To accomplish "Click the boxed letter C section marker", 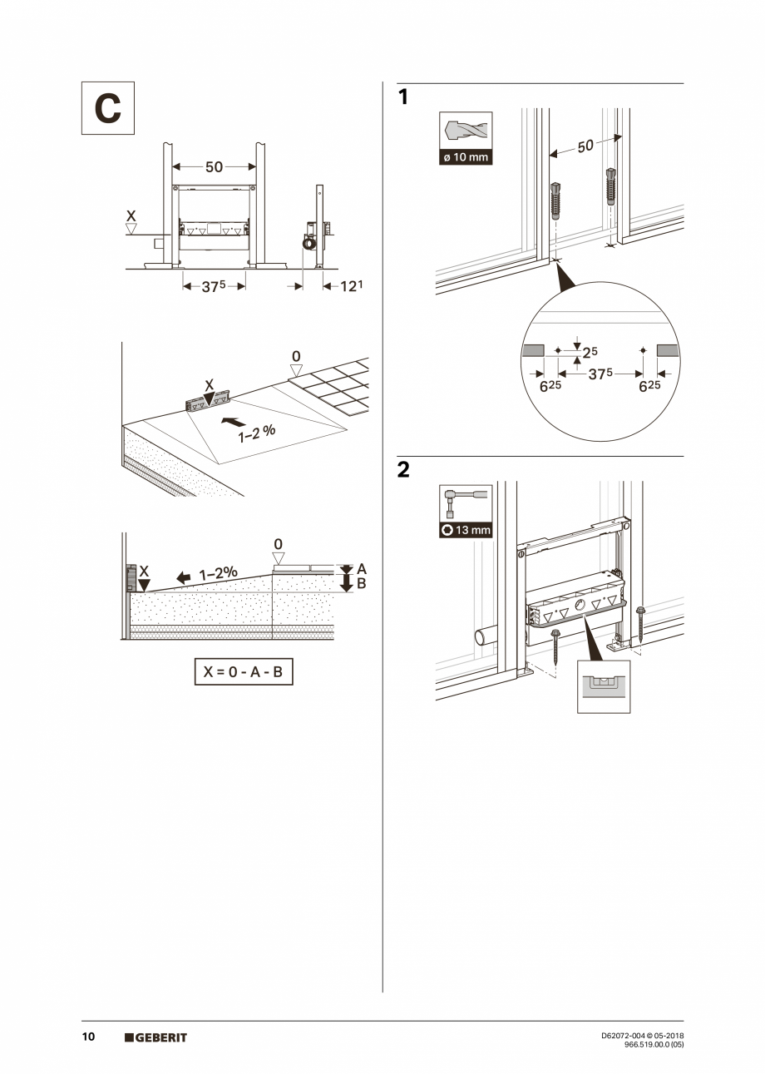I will (107, 108).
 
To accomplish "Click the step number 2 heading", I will (403, 470).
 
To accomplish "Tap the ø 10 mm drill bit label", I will (466, 157).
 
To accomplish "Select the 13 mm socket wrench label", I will (466, 530).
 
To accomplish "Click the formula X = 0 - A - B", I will (244, 672).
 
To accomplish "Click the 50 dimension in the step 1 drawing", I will (585, 146).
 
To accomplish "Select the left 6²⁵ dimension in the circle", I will (549, 386).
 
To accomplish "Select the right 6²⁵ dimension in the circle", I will (650, 386).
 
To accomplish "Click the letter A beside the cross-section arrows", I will (361, 569).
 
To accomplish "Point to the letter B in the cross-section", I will (361, 584).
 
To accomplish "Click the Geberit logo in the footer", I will (155, 1037).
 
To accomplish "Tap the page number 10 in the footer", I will (88, 1037).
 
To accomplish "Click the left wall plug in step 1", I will (555, 200).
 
